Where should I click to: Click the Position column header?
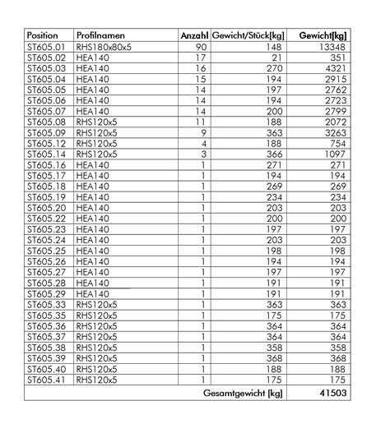[43, 36]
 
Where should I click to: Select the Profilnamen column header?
[100, 36]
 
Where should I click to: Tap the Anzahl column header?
[193, 36]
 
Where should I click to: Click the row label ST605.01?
[46, 48]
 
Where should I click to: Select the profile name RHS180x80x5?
[104, 48]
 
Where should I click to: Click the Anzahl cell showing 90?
[201, 48]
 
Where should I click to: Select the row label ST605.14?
[46, 153]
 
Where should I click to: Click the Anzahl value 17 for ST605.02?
[201, 59]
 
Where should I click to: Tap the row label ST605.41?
[46, 380]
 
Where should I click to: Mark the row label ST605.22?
[46, 219]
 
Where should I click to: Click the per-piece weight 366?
[274, 153]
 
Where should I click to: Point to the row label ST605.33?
[46, 304]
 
